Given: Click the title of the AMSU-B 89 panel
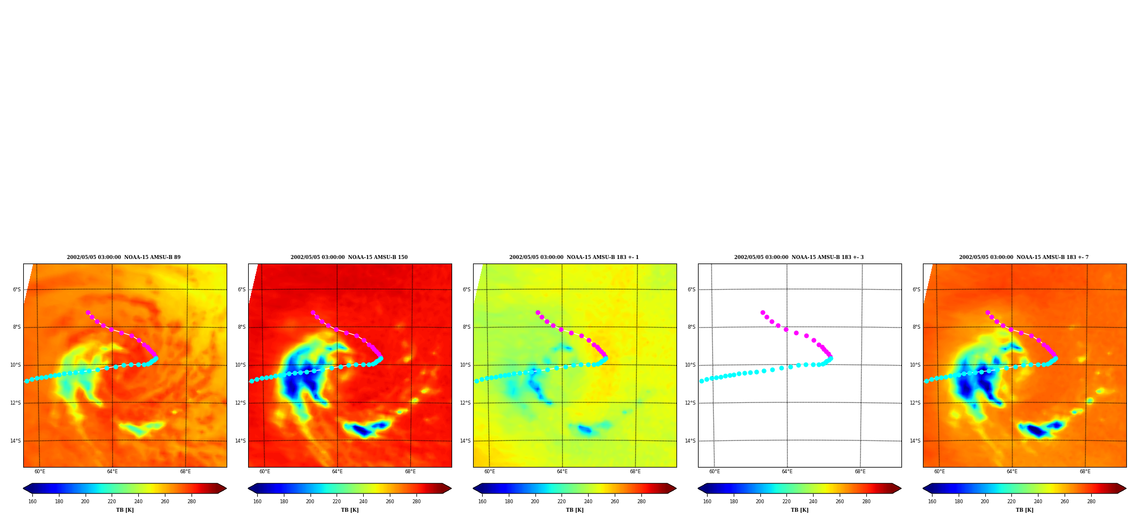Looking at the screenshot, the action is click(124, 257).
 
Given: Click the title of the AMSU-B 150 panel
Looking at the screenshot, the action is click(349, 257).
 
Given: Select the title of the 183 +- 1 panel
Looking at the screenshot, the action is click(574, 257).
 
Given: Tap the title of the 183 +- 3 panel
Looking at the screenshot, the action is click(799, 257).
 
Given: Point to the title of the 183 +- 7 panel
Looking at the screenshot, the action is click(1024, 257).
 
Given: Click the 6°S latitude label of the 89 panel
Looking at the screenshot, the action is click(17, 290).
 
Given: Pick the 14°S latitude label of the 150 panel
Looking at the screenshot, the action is click(241, 441).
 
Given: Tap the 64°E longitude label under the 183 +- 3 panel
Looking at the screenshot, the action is click(787, 472).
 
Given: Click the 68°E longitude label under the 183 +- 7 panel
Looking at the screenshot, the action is click(1085, 472).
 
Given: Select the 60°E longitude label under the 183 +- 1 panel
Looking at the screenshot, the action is click(490, 472).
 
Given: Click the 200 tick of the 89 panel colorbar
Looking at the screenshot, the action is click(85, 502).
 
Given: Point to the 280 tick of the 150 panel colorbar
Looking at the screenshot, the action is click(416, 502).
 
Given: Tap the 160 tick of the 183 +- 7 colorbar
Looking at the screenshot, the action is click(932, 502).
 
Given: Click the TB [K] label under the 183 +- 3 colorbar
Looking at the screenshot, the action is click(799, 510).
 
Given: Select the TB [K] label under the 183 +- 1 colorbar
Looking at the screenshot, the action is click(574, 510).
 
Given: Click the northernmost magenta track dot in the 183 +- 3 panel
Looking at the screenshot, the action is click(763, 312).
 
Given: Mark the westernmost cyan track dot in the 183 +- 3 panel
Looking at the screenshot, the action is click(701, 381).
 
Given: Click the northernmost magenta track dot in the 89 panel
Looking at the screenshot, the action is click(88, 312).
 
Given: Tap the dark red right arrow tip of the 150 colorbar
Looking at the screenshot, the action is click(450, 489).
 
